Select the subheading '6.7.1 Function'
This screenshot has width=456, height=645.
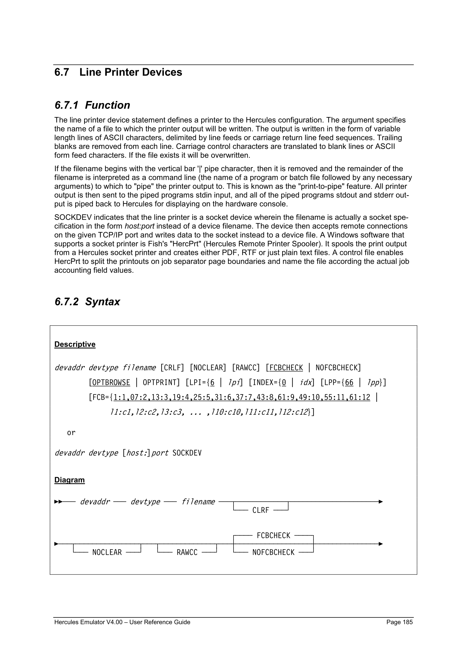tap(92, 105)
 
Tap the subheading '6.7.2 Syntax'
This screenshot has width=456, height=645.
tap(87, 301)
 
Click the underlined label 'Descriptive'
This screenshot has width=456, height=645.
tap(75, 344)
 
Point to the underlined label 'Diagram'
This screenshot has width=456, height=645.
tap(69, 480)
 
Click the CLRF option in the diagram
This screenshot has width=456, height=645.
tap(261, 510)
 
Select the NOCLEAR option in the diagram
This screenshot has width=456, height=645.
tap(107, 552)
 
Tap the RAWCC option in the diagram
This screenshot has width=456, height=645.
tap(187, 552)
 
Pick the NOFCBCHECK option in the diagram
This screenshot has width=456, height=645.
tap(273, 552)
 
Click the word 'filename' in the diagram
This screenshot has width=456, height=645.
tap(198, 501)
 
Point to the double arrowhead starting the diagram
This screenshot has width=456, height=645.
tap(58, 501)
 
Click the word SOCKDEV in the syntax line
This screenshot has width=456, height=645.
tap(187, 453)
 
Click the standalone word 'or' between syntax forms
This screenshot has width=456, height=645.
tap(71, 433)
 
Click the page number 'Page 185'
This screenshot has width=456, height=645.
tap(399, 622)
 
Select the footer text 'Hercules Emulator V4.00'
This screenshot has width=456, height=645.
tap(88, 622)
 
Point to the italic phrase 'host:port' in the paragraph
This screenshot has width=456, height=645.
tap(139, 226)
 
